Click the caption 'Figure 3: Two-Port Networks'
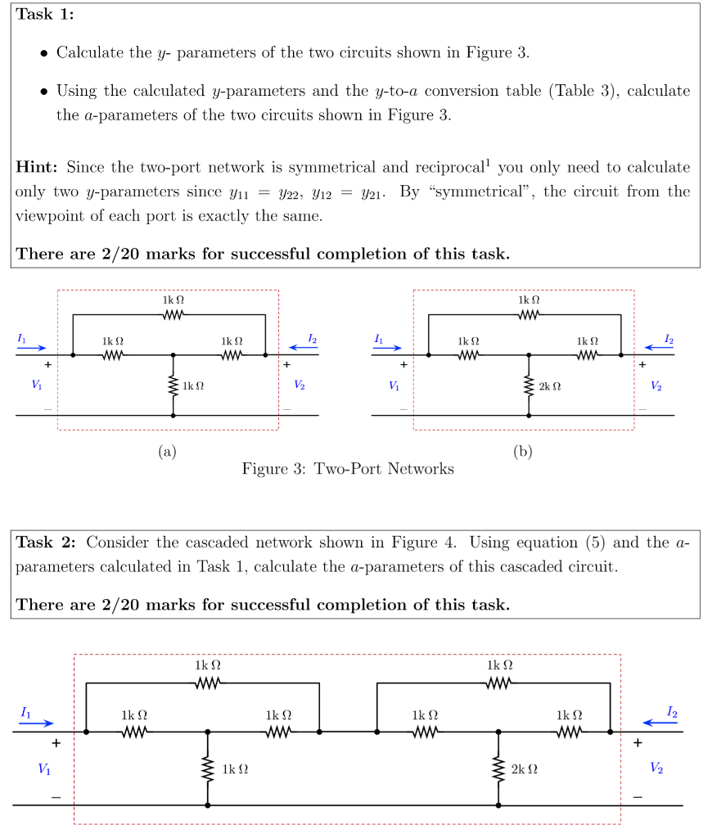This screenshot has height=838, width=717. pyautogui.click(x=348, y=469)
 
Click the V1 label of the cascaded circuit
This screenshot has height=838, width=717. pyautogui.click(x=43, y=768)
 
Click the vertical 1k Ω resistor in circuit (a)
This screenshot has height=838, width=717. pyautogui.click(x=173, y=385)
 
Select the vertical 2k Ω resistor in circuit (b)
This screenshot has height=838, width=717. pyautogui.click(x=529, y=385)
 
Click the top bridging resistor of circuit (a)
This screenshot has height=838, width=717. pyautogui.click(x=173, y=314)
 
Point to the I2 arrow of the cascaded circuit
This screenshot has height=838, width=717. pyautogui.click(x=661, y=723)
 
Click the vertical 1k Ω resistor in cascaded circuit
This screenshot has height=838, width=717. pyautogui.click(x=208, y=769)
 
